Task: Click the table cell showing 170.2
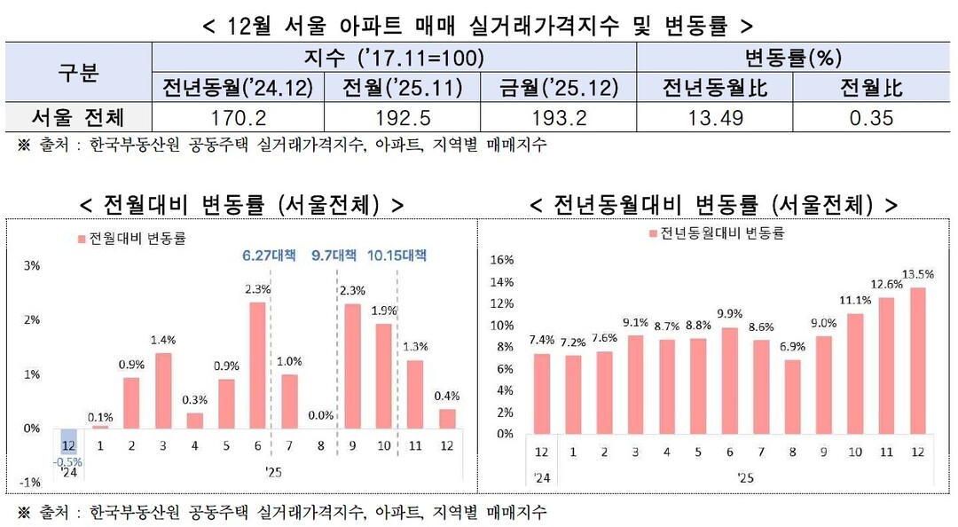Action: (235, 118)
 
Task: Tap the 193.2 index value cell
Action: (558, 118)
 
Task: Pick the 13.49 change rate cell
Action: (715, 118)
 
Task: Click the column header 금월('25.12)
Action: (558, 88)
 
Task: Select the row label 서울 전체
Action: (78, 118)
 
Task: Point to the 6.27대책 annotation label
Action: (271, 256)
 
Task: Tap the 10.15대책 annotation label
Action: (397, 256)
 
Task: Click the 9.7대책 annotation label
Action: (334, 256)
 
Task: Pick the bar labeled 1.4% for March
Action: (162, 390)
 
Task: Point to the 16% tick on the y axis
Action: (502, 260)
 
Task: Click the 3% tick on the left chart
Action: (30, 266)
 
